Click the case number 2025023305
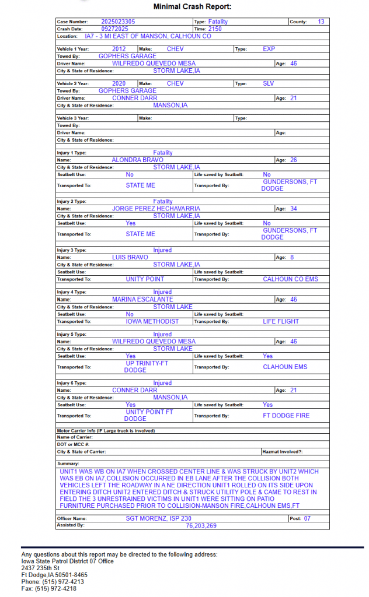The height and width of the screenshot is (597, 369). coord(118,22)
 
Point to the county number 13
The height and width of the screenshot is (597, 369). coord(321,22)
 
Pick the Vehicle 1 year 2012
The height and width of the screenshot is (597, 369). coord(119,49)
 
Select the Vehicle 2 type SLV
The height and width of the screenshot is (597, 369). coord(268,84)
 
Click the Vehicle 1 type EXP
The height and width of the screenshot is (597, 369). coord(269,49)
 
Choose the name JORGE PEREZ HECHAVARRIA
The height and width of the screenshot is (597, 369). coord(156,209)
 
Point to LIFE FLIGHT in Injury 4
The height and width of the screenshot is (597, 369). coord(281,321)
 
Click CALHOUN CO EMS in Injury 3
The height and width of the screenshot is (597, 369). coord(290,279)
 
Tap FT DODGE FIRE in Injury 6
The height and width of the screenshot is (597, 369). coord(286,416)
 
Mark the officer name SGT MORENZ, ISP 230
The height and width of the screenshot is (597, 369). coord(158,518)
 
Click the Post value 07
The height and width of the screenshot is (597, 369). coord(308,518)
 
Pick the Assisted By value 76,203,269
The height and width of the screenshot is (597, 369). coord(201,526)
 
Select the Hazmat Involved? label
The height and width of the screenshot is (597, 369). coord(283,452)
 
